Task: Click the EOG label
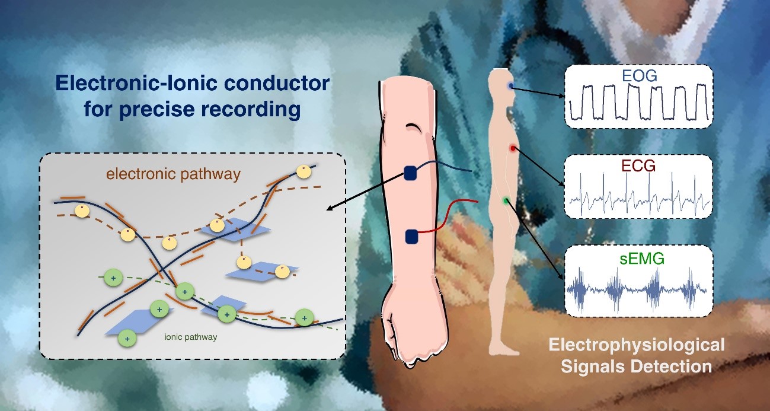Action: pyautogui.click(x=638, y=77)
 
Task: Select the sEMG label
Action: pyautogui.click(x=638, y=259)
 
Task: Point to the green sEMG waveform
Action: pyautogui.click(x=638, y=291)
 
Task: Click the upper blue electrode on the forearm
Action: pyautogui.click(x=411, y=173)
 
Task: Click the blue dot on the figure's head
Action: pyautogui.click(x=511, y=86)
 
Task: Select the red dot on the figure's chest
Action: pyautogui.click(x=512, y=147)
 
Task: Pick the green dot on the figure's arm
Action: pyautogui.click(x=506, y=201)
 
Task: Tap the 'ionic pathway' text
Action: pyautogui.click(x=190, y=337)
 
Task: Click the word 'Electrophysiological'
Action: pyautogui.click(x=636, y=344)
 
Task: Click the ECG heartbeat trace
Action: pyautogui.click(x=638, y=195)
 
